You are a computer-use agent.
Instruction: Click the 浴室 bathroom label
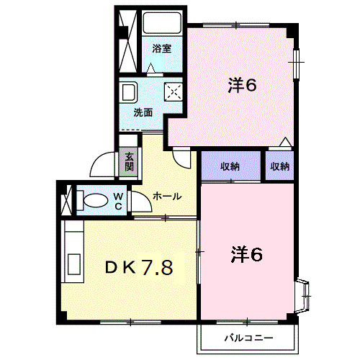tap(162, 49)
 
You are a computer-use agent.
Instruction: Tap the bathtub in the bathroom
tap(162, 23)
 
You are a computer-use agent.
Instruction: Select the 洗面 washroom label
tap(143, 112)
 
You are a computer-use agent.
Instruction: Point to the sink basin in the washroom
tap(129, 92)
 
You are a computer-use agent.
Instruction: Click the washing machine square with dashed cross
tap(174, 91)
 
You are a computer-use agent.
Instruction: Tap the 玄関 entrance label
tap(129, 162)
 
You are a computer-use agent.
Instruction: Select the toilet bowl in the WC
tap(96, 201)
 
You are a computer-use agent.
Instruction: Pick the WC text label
tap(118, 202)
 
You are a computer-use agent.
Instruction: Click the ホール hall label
tap(167, 197)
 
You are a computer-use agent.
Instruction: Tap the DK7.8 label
tap(139, 268)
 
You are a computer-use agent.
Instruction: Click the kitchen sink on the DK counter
tap(74, 264)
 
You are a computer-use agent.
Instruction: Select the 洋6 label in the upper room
tap(242, 86)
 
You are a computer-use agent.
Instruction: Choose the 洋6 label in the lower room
tap(246, 255)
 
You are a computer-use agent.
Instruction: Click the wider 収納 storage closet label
tap(230, 166)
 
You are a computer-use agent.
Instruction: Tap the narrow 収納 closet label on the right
tap(280, 166)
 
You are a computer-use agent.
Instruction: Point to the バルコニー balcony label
tap(249, 338)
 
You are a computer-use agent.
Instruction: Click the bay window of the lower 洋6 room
tap(304, 296)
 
